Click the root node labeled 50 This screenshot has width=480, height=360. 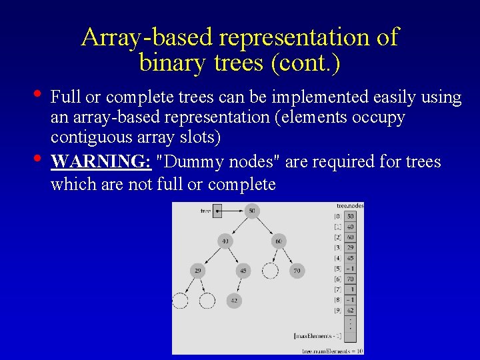tap(251, 211)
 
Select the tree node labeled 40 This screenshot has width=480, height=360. tap(225, 241)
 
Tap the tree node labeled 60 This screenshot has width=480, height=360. tap(279, 241)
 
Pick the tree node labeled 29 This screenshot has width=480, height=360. tap(197, 271)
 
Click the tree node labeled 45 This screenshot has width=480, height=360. tap(243, 271)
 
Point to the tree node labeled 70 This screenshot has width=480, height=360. tap(296, 271)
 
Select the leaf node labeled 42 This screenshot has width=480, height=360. tap(233, 301)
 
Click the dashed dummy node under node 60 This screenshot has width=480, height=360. tap(270, 271)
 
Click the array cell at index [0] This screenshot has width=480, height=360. tap(351, 217)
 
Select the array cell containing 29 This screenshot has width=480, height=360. tap(351, 247)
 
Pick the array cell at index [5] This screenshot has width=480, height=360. tap(351, 269)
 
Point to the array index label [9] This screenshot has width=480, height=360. tap(338, 310)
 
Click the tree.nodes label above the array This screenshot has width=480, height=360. tap(350, 206)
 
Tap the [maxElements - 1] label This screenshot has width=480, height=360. tap(317, 335)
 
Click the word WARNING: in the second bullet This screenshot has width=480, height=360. tap(101, 162)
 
